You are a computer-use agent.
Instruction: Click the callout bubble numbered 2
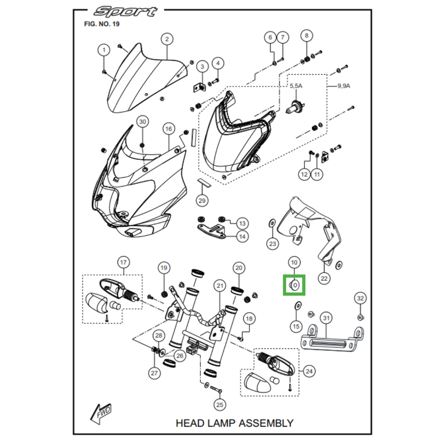166,39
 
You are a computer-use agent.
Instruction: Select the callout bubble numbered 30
142,121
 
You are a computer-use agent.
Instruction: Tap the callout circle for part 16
168,129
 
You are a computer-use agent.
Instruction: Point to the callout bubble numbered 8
306,36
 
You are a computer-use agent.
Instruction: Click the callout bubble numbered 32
360,298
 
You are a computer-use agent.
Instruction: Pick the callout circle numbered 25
220,405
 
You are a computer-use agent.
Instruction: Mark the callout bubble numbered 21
220,286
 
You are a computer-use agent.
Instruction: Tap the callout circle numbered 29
202,201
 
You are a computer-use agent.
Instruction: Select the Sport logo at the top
125,11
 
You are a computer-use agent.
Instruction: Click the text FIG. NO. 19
102,24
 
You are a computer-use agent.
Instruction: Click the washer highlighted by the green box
295,285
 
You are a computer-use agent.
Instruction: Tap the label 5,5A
295,87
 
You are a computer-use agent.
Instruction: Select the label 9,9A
344,87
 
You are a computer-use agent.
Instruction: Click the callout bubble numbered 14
241,237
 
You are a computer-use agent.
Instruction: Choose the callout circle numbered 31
326,318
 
